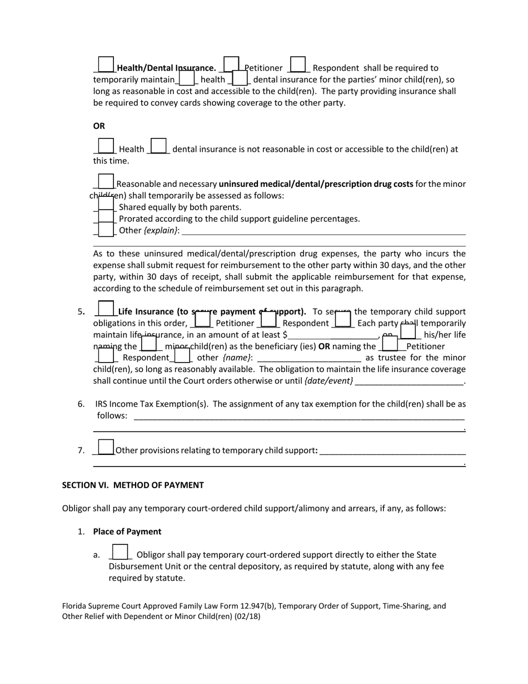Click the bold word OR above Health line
[x=99, y=126]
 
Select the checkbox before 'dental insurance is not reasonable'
[x=158, y=146]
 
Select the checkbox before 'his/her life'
[x=407, y=332]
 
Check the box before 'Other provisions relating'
[x=106, y=447]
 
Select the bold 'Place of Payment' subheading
[x=127, y=532]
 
